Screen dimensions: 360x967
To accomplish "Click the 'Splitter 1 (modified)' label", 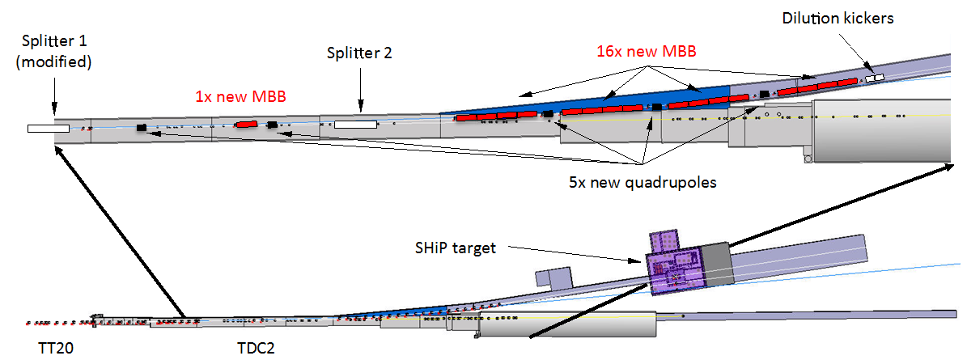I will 53,52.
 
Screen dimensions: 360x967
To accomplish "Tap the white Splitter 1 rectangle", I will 48,128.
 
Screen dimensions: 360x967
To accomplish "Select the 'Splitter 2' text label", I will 358,53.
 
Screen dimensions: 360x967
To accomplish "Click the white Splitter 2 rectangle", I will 355,125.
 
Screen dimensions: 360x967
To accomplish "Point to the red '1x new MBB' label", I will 240,95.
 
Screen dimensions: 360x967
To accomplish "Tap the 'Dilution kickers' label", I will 838,18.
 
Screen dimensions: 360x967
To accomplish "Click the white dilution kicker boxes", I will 874,78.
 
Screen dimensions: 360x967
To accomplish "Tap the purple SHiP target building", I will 676,267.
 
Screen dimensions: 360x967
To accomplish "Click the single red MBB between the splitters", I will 246,124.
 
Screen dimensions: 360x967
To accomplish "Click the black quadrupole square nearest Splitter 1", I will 142,127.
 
